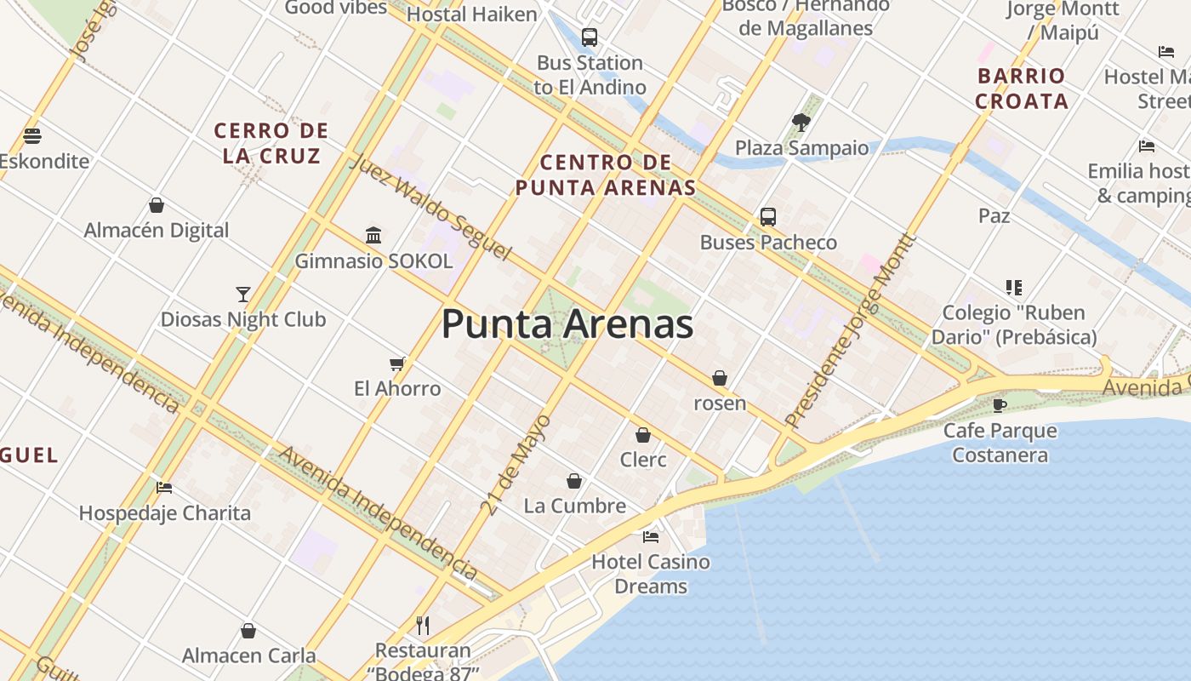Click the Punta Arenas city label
[567, 325]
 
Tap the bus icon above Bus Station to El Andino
[589, 37]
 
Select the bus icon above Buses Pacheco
[768, 216]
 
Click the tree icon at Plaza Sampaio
[801, 122]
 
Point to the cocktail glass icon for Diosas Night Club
[243, 295]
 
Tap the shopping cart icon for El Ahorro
[396, 364]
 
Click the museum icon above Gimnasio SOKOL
[373, 235]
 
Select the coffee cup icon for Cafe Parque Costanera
[999, 405]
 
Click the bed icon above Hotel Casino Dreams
[651, 536]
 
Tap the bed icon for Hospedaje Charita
[164, 488]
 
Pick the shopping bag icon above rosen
[720, 378]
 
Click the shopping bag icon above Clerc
[643, 435]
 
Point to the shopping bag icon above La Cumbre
[574, 481]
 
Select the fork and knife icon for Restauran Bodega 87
[423, 626]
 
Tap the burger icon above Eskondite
[32, 135]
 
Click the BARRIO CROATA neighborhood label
[1021, 89]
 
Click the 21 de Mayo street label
[516, 465]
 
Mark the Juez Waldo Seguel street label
[430, 208]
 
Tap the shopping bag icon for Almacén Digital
[157, 205]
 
